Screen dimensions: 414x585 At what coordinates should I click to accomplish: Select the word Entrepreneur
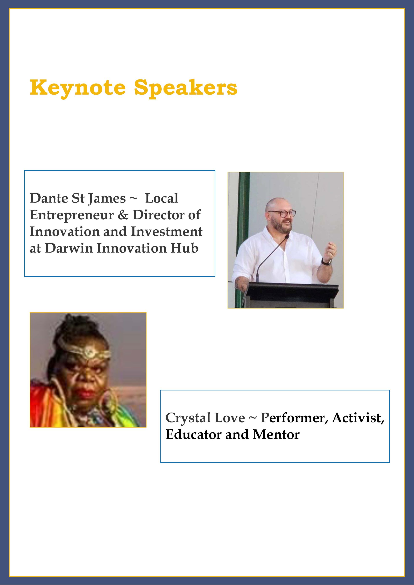[72, 215]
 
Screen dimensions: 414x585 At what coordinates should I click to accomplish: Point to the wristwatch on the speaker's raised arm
[326, 261]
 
